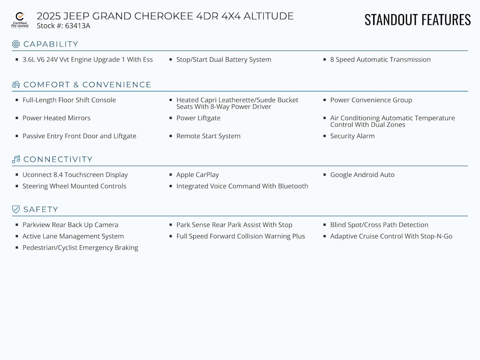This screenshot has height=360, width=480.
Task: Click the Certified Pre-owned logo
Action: [20, 20]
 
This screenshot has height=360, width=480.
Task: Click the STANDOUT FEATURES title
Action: [417, 20]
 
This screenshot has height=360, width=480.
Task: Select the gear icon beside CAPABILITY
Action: [16, 44]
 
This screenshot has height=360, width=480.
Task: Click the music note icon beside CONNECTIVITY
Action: [16, 159]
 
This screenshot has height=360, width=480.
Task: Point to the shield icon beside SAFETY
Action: [16, 210]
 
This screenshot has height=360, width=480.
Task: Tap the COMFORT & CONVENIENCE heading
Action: [87, 85]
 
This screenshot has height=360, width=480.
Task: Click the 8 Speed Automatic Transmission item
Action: [380, 60]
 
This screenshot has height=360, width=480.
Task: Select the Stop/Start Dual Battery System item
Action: [224, 60]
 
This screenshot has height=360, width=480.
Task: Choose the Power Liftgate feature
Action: [198, 118]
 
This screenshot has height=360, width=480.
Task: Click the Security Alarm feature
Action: [352, 136]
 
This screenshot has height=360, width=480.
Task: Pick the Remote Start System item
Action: [208, 136]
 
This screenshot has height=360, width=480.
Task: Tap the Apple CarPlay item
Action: [197, 175]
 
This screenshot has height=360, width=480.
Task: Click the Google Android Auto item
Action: [362, 175]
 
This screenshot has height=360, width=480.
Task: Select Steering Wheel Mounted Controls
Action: [74, 186]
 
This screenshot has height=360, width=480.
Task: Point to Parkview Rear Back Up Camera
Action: [70, 225]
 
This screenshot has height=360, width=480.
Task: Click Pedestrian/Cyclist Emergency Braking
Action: [80, 247]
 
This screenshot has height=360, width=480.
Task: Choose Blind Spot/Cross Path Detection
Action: [379, 225]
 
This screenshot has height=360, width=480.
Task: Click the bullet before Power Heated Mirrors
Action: [17, 118]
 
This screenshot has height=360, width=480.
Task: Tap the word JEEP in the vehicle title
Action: [79, 16]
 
